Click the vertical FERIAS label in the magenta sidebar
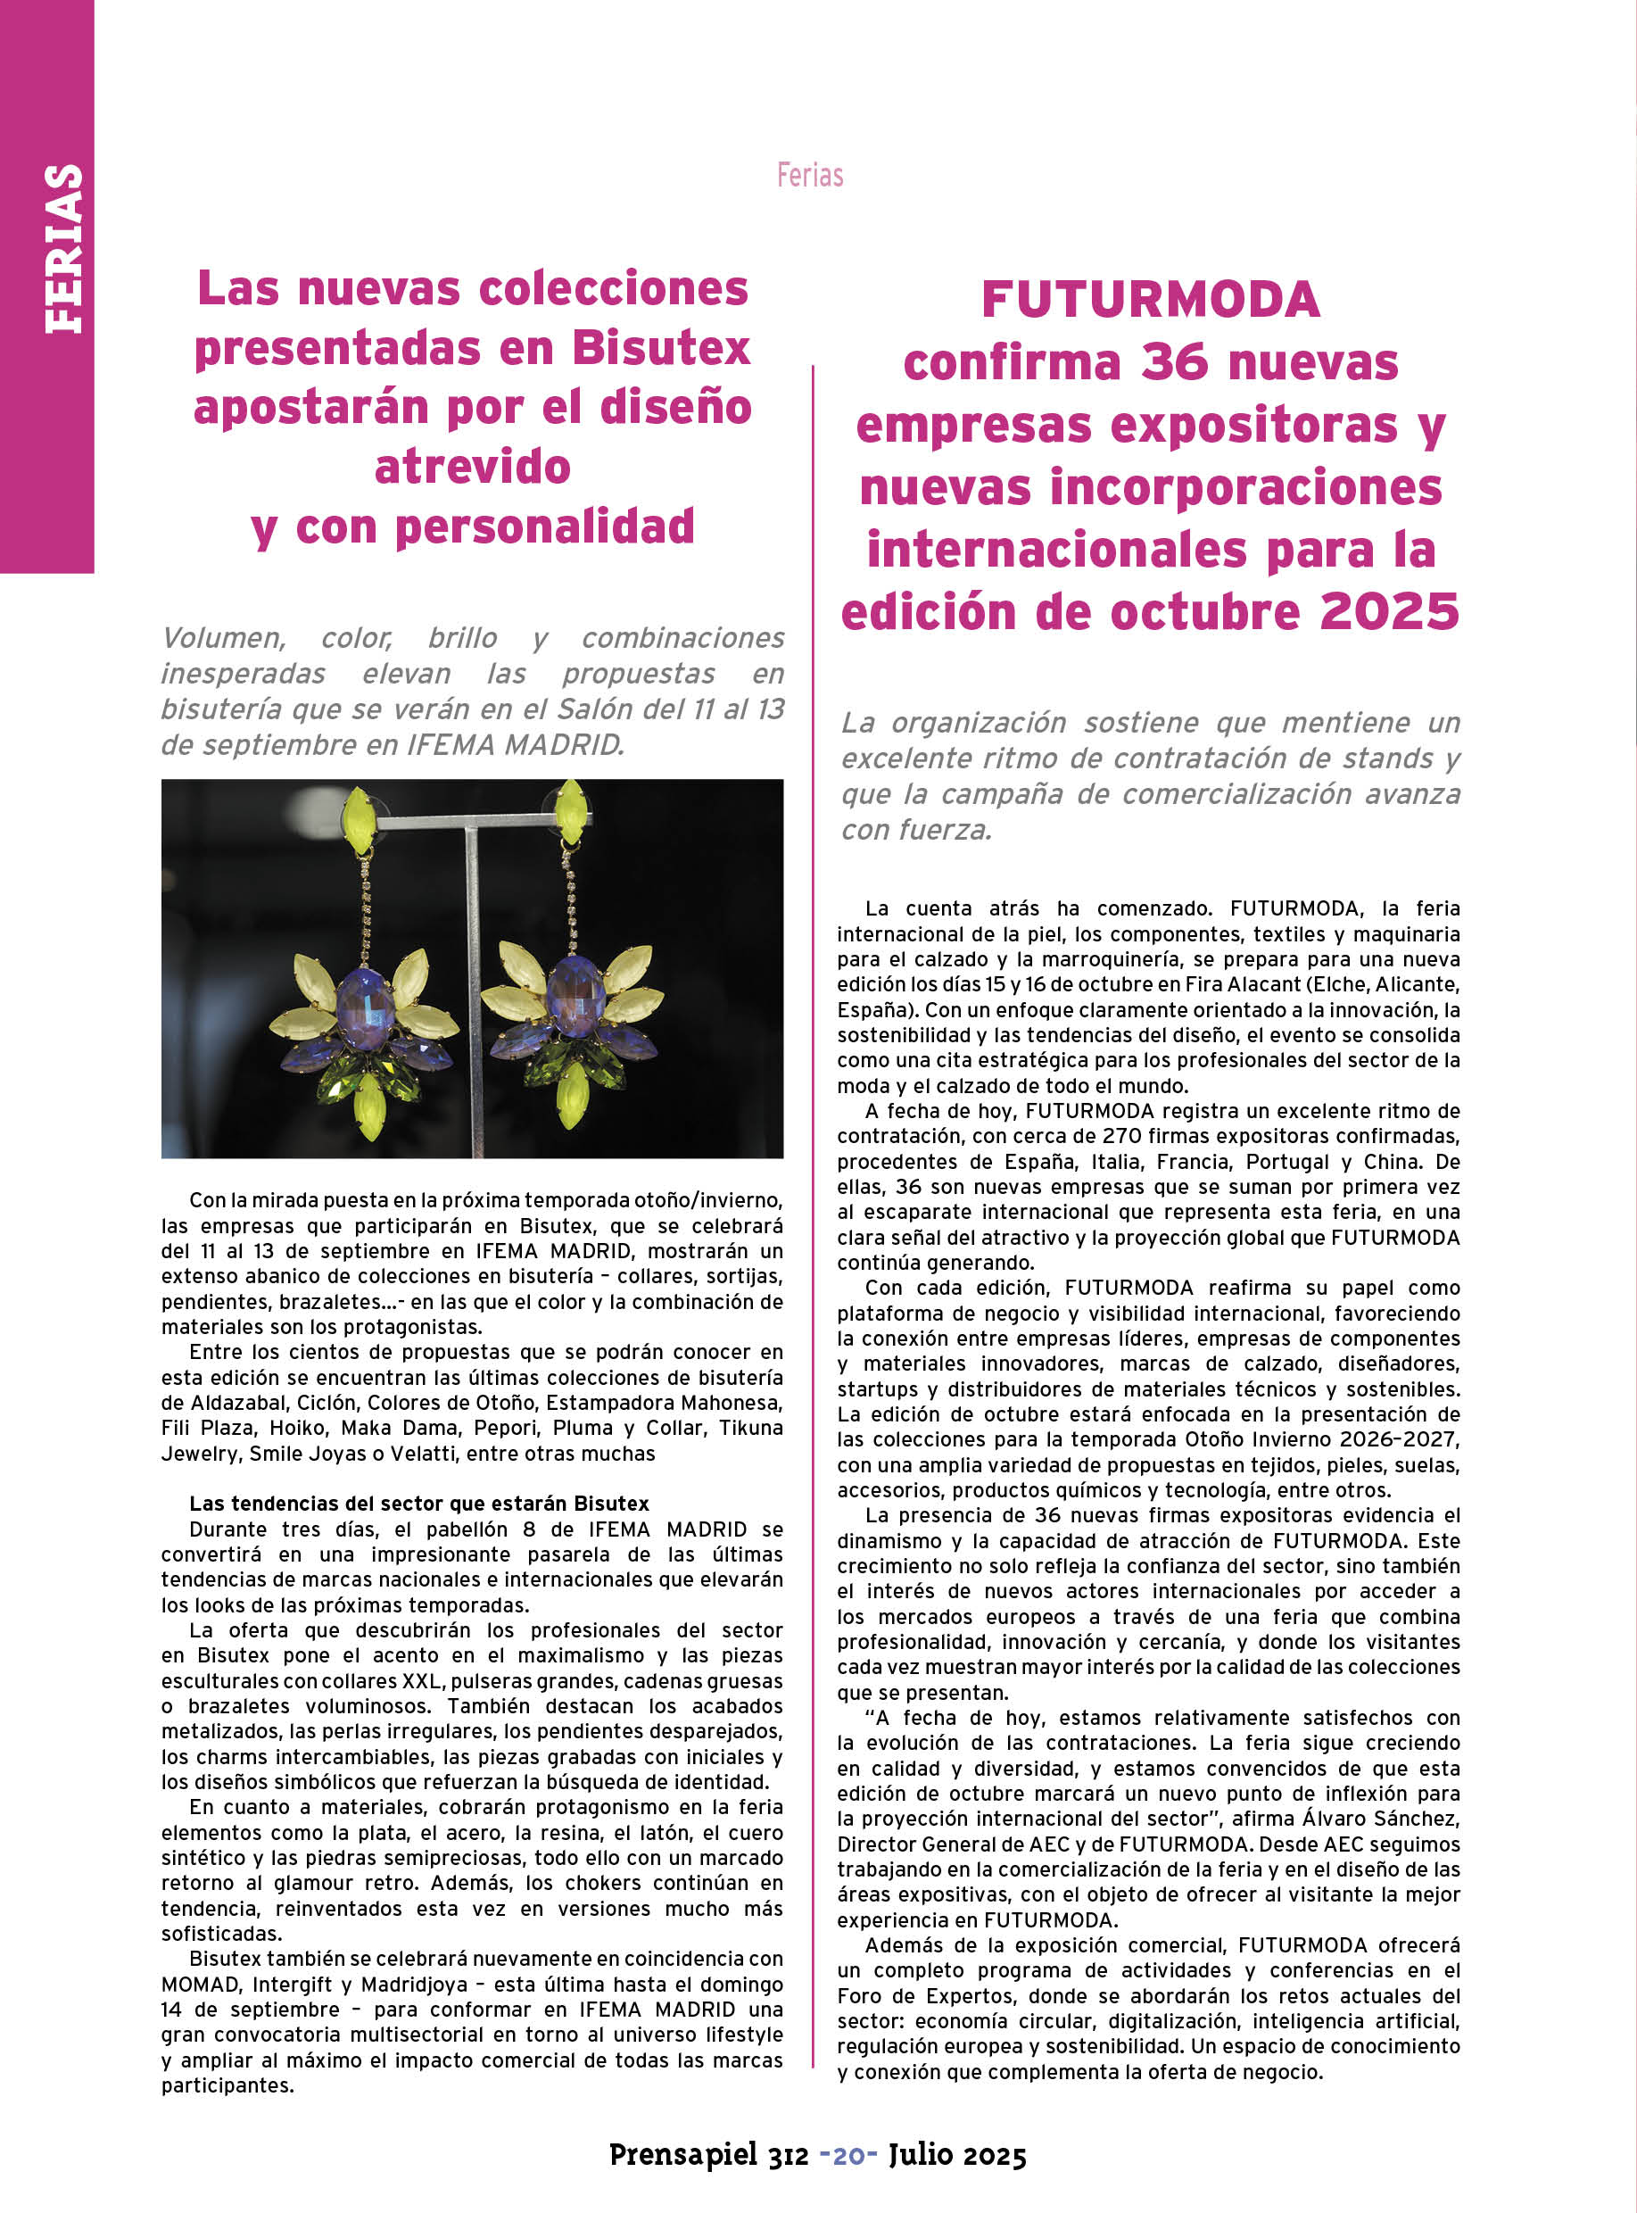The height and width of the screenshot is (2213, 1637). coord(62,249)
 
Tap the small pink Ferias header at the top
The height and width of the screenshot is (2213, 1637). coord(810,176)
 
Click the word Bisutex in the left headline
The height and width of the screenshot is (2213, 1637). coord(661,348)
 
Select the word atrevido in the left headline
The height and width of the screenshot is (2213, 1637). coord(473,467)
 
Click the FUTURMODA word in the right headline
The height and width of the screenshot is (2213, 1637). coord(1151,299)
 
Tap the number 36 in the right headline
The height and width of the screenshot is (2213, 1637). coord(1174,362)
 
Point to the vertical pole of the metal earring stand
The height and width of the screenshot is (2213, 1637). coord(473,991)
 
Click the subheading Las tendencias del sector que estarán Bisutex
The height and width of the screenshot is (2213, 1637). coord(419,1504)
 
